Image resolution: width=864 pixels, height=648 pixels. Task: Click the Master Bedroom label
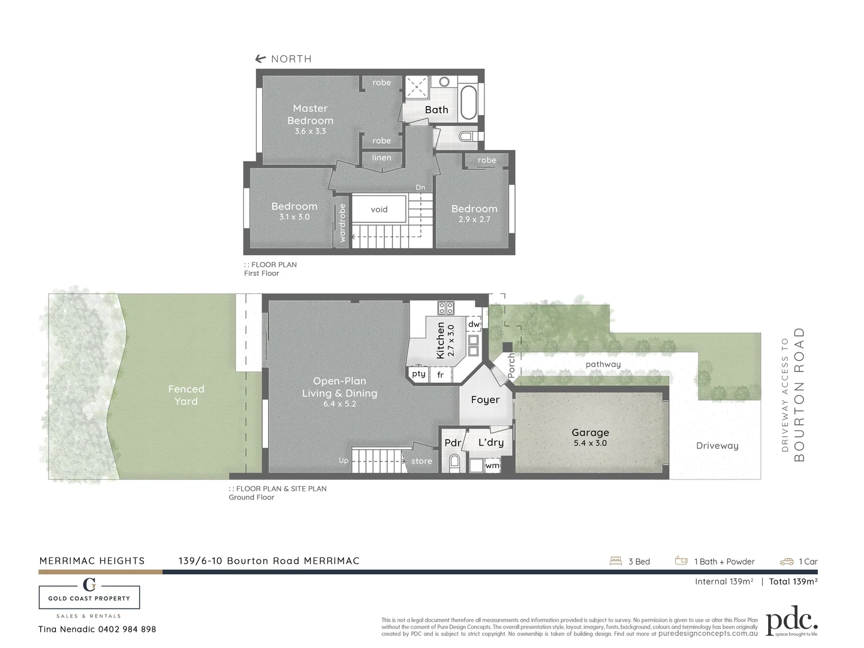310,114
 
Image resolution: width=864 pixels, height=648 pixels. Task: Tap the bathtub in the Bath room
468,103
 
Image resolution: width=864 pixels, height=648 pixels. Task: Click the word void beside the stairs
379,209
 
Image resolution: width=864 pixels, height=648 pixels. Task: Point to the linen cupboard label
381,158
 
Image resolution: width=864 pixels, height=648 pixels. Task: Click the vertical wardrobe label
342,223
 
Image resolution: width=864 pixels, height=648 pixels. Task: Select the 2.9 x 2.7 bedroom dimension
474,220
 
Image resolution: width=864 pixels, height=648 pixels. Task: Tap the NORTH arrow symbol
260,59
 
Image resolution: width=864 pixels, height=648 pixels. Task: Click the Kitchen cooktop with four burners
445,308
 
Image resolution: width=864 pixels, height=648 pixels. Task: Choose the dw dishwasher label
474,324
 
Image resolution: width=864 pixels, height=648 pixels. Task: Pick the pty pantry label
419,374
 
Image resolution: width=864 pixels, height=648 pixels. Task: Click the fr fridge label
440,375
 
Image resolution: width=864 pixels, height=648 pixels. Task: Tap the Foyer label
485,400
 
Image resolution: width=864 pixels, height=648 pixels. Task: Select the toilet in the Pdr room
454,462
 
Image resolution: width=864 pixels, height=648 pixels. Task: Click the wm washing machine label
492,466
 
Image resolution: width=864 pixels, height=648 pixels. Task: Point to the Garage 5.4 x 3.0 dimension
590,443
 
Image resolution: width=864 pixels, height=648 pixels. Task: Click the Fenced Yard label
186,395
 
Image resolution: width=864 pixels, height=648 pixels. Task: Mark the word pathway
603,364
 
